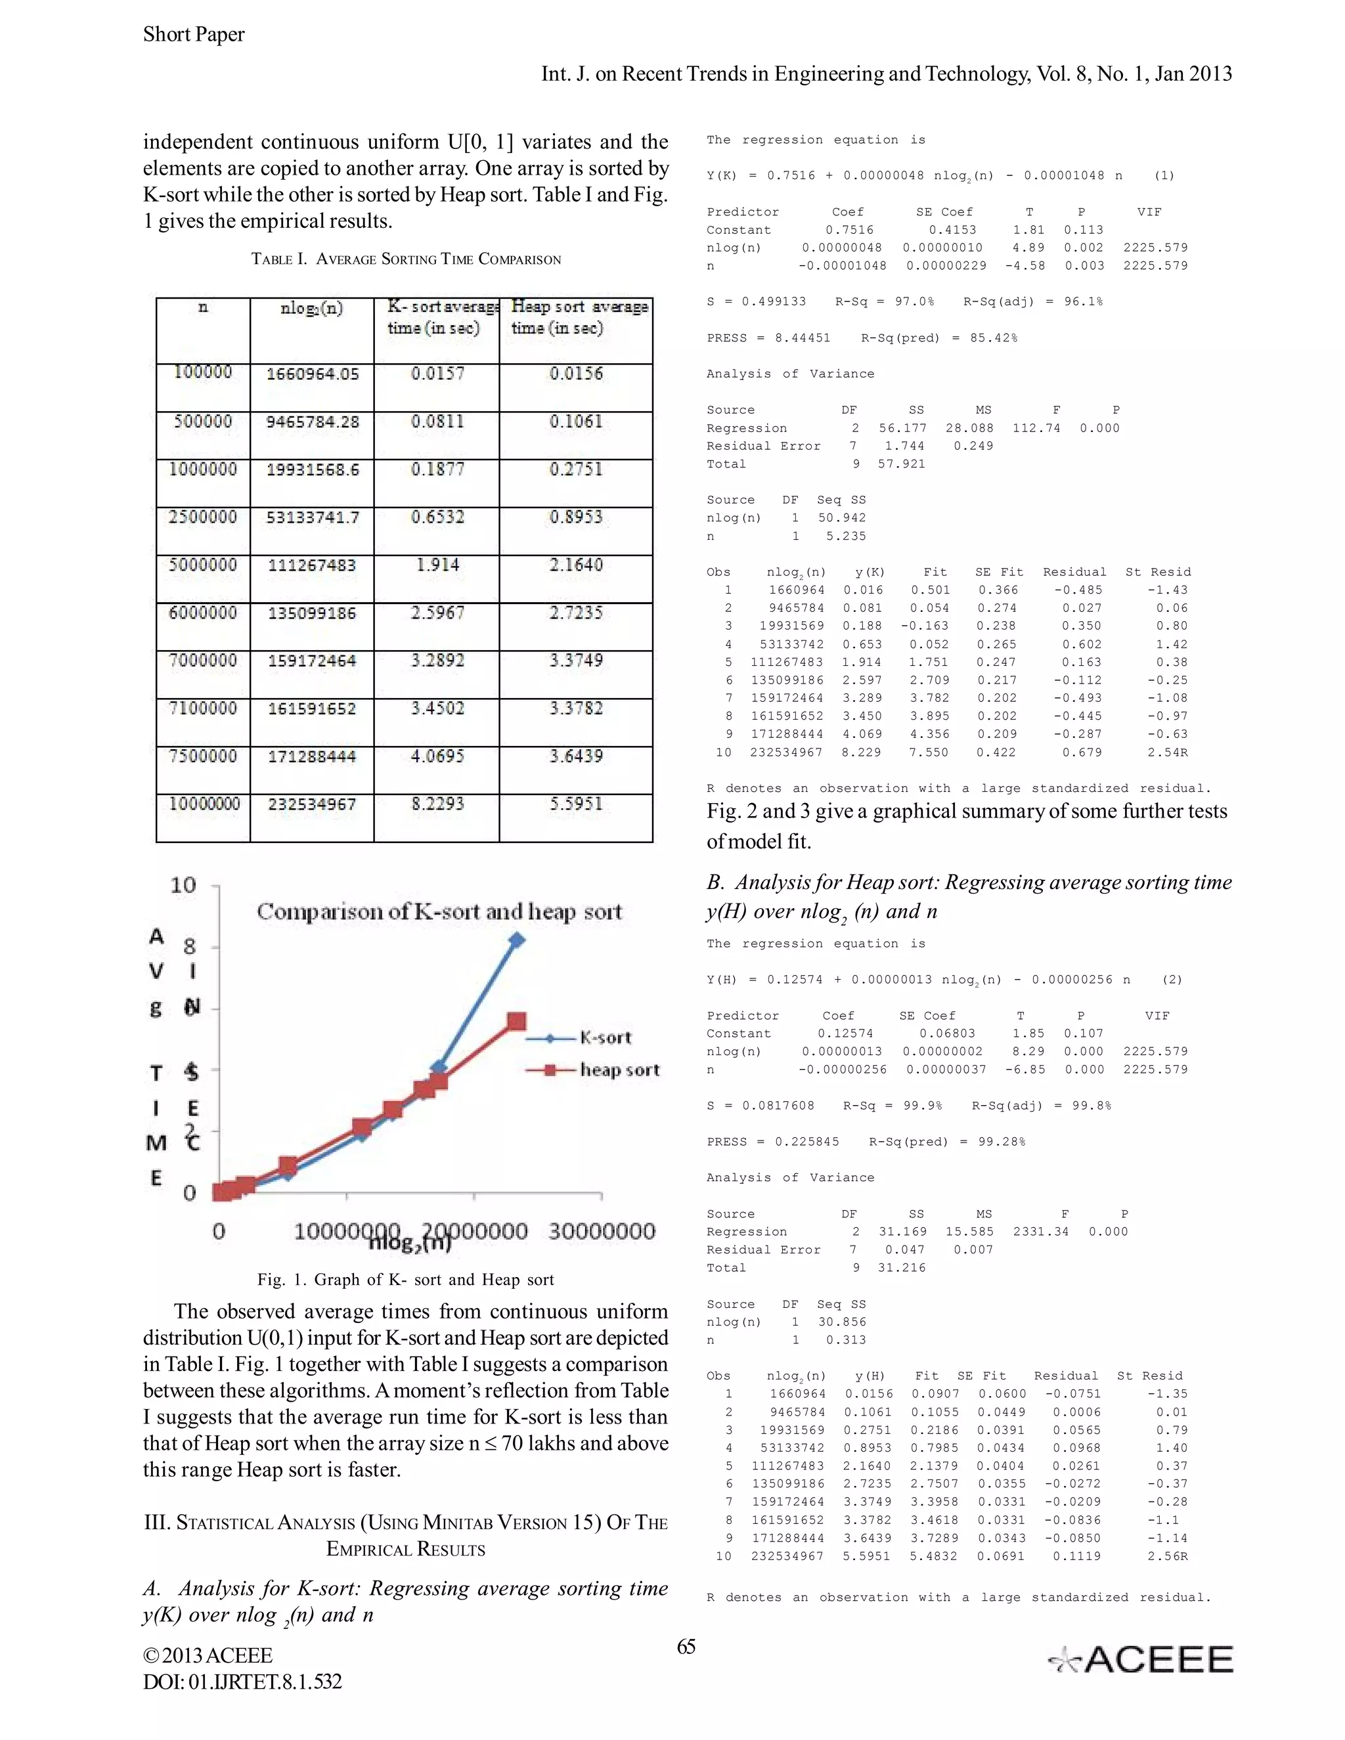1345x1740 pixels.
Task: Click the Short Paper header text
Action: coord(194,34)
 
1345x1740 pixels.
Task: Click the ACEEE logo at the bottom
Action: coord(1141,1659)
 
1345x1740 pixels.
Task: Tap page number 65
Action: coord(686,1647)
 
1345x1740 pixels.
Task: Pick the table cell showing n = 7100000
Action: coord(202,708)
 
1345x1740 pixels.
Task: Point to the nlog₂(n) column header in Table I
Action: coord(311,309)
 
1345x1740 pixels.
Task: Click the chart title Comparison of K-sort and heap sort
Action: coord(439,911)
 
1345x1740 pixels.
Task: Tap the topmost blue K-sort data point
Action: coord(517,941)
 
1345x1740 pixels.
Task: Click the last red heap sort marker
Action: coord(516,1022)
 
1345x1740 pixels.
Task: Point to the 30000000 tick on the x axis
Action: coord(602,1232)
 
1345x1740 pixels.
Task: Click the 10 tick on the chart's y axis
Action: coord(183,885)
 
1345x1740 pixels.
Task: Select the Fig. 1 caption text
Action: coord(406,1280)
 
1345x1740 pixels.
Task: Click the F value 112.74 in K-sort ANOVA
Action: coord(1036,428)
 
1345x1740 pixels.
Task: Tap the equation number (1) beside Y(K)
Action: coord(1164,176)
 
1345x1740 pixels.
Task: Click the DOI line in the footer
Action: coord(242,1682)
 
